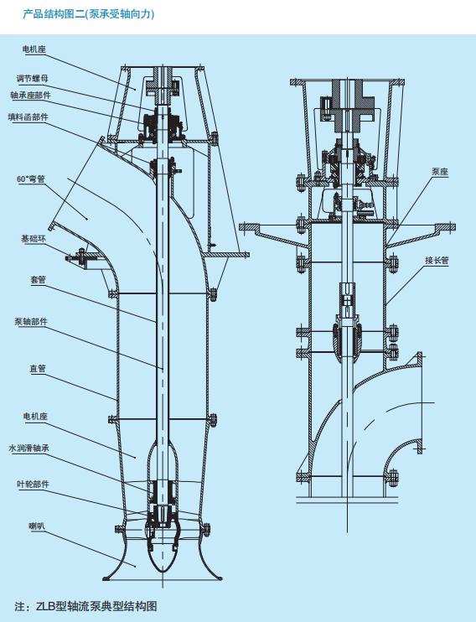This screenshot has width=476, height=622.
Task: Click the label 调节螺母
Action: (x=32, y=79)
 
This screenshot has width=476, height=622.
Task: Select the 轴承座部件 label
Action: (x=30, y=96)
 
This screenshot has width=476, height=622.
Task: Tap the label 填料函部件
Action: (x=28, y=117)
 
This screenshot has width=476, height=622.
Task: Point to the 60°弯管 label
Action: (x=30, y=179)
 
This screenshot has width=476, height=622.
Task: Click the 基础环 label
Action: (x=34, y=239)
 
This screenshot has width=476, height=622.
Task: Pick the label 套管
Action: (x=38, y=280)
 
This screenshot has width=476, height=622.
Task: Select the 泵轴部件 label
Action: (x=31, y=322)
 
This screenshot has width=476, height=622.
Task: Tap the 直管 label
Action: (x=38, y=369)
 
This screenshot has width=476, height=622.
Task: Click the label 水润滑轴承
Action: (x=29, y=448)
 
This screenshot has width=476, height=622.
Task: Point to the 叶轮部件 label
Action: (x=33, y=485)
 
